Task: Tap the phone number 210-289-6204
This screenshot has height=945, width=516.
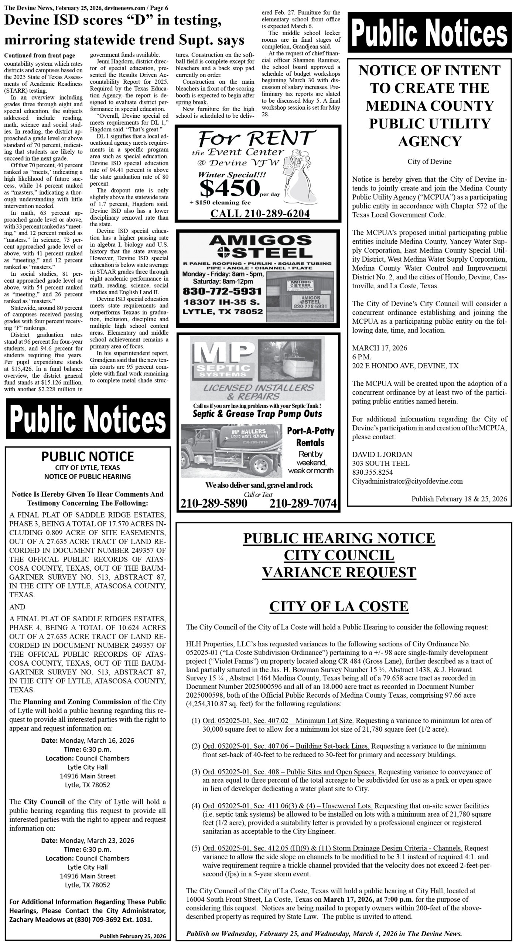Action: (x=260, y=214)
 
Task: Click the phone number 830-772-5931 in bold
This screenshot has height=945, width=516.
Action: (x=222, y=291)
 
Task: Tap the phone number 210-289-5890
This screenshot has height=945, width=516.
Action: (x=214, y=503)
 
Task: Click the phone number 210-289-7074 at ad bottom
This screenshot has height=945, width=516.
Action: (x=303, y=503)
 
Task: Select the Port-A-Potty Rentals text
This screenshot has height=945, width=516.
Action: (x=310, y=436)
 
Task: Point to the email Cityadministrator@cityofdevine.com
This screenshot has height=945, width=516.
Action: (x=407, y=481)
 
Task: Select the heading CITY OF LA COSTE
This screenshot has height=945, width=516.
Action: (x=339, y=606)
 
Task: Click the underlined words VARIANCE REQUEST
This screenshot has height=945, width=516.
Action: (x=339, y=572)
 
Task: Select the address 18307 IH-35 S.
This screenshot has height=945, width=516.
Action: (x=222, y=302)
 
